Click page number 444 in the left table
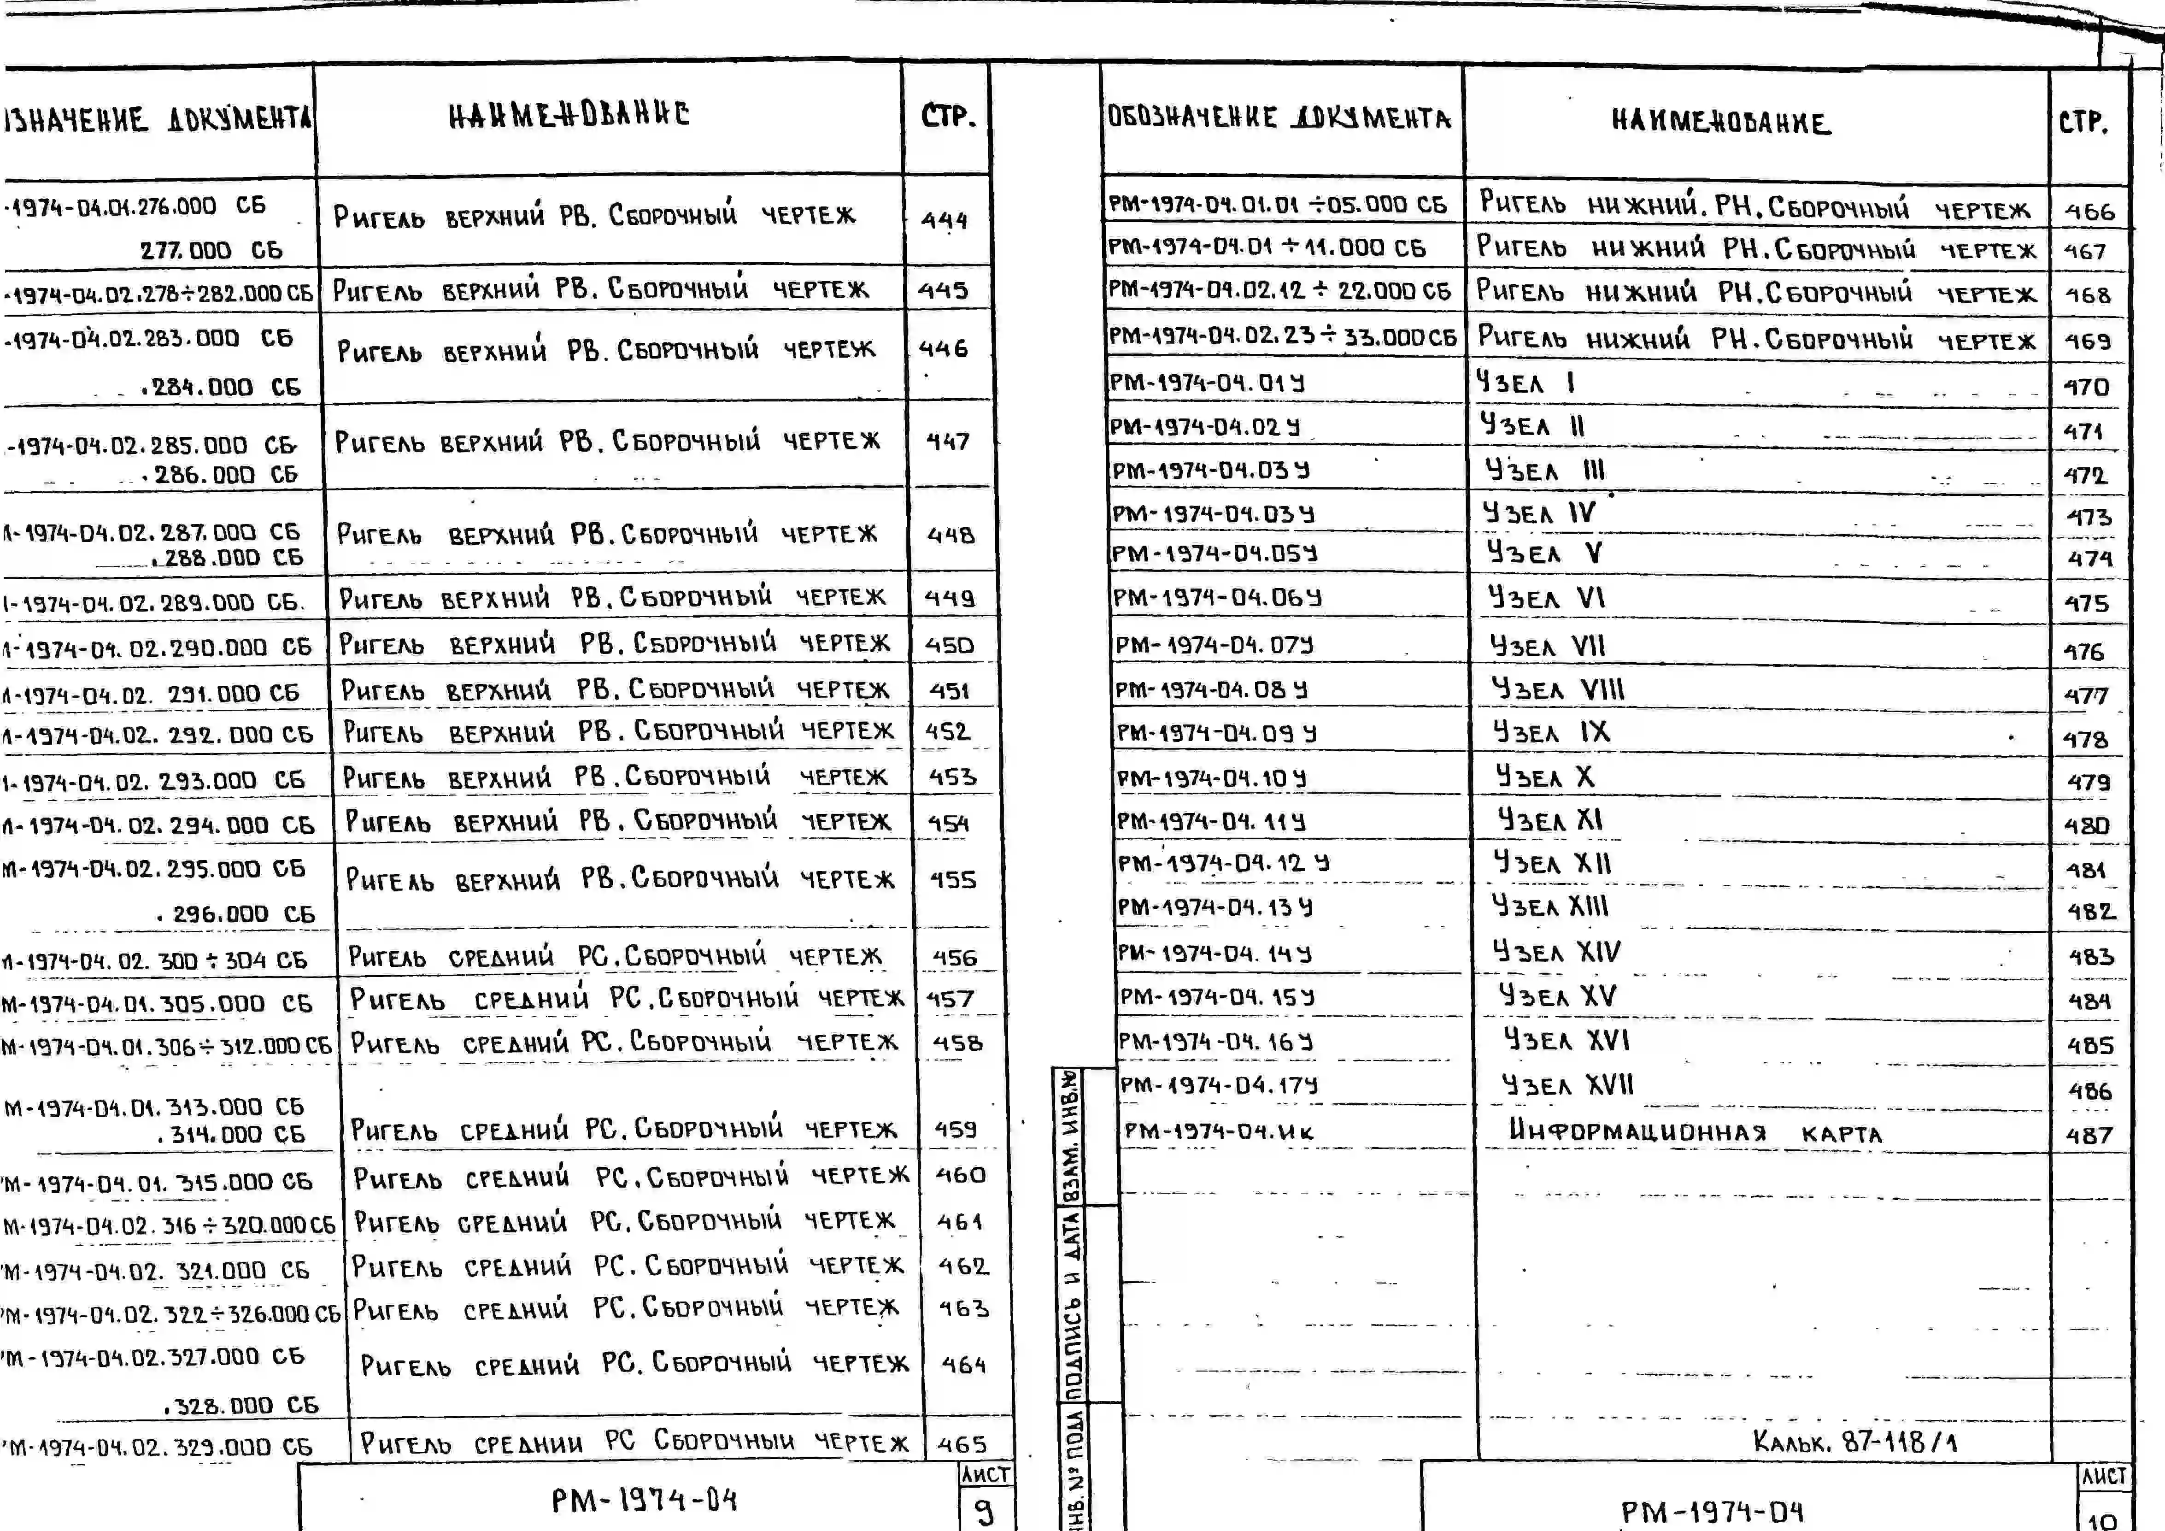pos(944,220)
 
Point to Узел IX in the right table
pos(1551,732)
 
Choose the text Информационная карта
pos(1695,1131)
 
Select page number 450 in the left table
pos(949,645)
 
